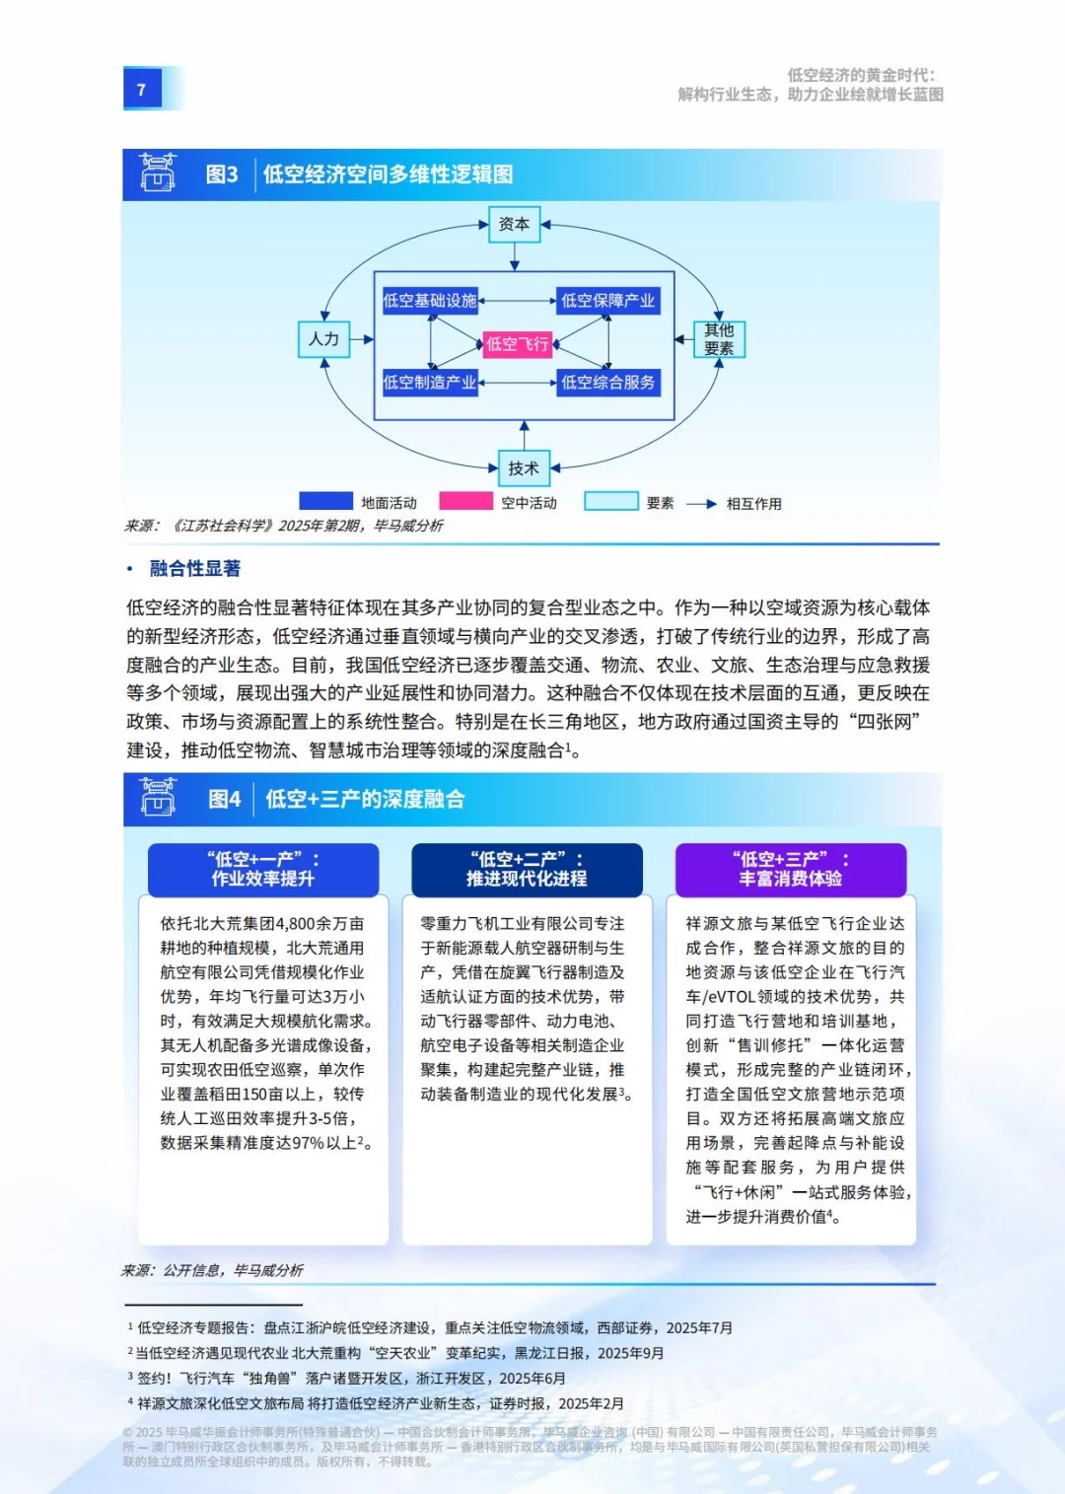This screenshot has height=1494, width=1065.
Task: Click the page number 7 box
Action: (142, 89)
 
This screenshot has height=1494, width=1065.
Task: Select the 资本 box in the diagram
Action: (514, 224)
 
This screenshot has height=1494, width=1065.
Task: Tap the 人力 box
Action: (323, 339)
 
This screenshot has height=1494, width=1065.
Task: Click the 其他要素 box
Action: (719, 339)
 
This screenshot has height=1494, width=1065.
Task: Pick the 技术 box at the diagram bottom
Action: (524, 467)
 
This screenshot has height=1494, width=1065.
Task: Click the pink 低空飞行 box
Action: (517, 344)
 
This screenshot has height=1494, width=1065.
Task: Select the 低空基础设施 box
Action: (430, 301)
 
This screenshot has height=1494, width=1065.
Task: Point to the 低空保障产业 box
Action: (607, 301)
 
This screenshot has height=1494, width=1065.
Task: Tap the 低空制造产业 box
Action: (430, 383)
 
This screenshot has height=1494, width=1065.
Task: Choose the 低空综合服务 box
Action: (607, 383)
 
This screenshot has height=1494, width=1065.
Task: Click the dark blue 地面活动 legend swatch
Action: (325, 502)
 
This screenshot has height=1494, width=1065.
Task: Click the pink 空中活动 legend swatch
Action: (465, 502)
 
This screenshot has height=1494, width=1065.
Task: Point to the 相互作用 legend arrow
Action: (701, 504)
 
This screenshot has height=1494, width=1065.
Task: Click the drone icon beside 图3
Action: (158, 173)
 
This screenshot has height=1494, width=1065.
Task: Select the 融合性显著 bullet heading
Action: (194, 568)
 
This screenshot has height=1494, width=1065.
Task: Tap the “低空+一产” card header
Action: (263, 869)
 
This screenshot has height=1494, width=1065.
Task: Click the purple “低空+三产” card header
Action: (791, 869)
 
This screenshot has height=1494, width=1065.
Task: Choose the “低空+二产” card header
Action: (527, 869)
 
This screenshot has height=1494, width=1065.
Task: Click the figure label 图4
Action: (224, 799)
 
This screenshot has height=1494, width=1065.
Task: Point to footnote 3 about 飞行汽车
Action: (350, 1379)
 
